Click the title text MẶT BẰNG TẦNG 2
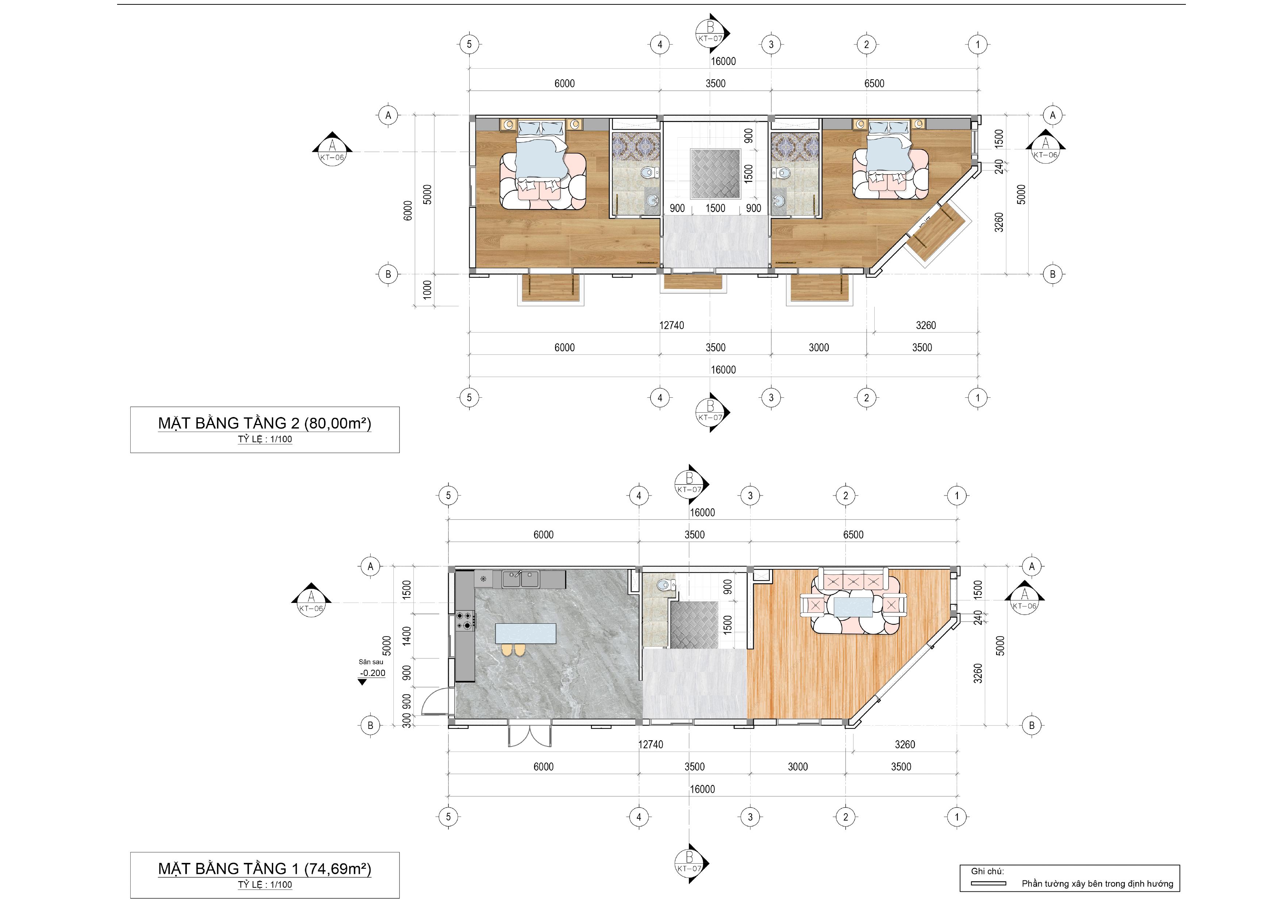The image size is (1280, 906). click(228, 424)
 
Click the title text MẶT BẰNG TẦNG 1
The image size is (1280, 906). click(228, 869)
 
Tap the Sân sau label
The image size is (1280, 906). click(371, 662)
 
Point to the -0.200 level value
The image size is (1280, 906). click(373, 673)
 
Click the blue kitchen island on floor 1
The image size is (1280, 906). click(526, 634)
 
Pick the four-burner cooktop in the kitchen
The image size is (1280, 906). click(465, 621)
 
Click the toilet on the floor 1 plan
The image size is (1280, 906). click(664, 586)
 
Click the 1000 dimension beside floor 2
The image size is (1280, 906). click(427, 290)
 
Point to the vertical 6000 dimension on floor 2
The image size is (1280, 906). click(408, 210)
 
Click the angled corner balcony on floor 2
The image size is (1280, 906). click(936, 233)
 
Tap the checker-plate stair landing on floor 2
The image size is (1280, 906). click(715, 173)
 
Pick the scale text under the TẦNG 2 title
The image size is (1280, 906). click(265, 439)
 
